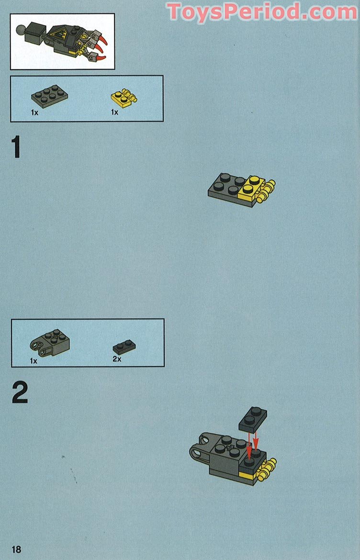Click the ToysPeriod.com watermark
(x=262, y=11)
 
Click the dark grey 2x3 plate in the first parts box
(x=49, y=96)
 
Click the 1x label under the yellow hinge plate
(x=114, y=112)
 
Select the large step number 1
(x=17, y=147)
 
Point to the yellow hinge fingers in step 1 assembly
(x=267, y=191)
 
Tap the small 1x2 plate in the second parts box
(x=124, y=346)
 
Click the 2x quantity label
(x=117, y=358)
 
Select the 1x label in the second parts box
(x=34, y=361)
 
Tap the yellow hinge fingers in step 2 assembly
(x=268, y=469)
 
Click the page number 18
(x=16, y=549)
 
